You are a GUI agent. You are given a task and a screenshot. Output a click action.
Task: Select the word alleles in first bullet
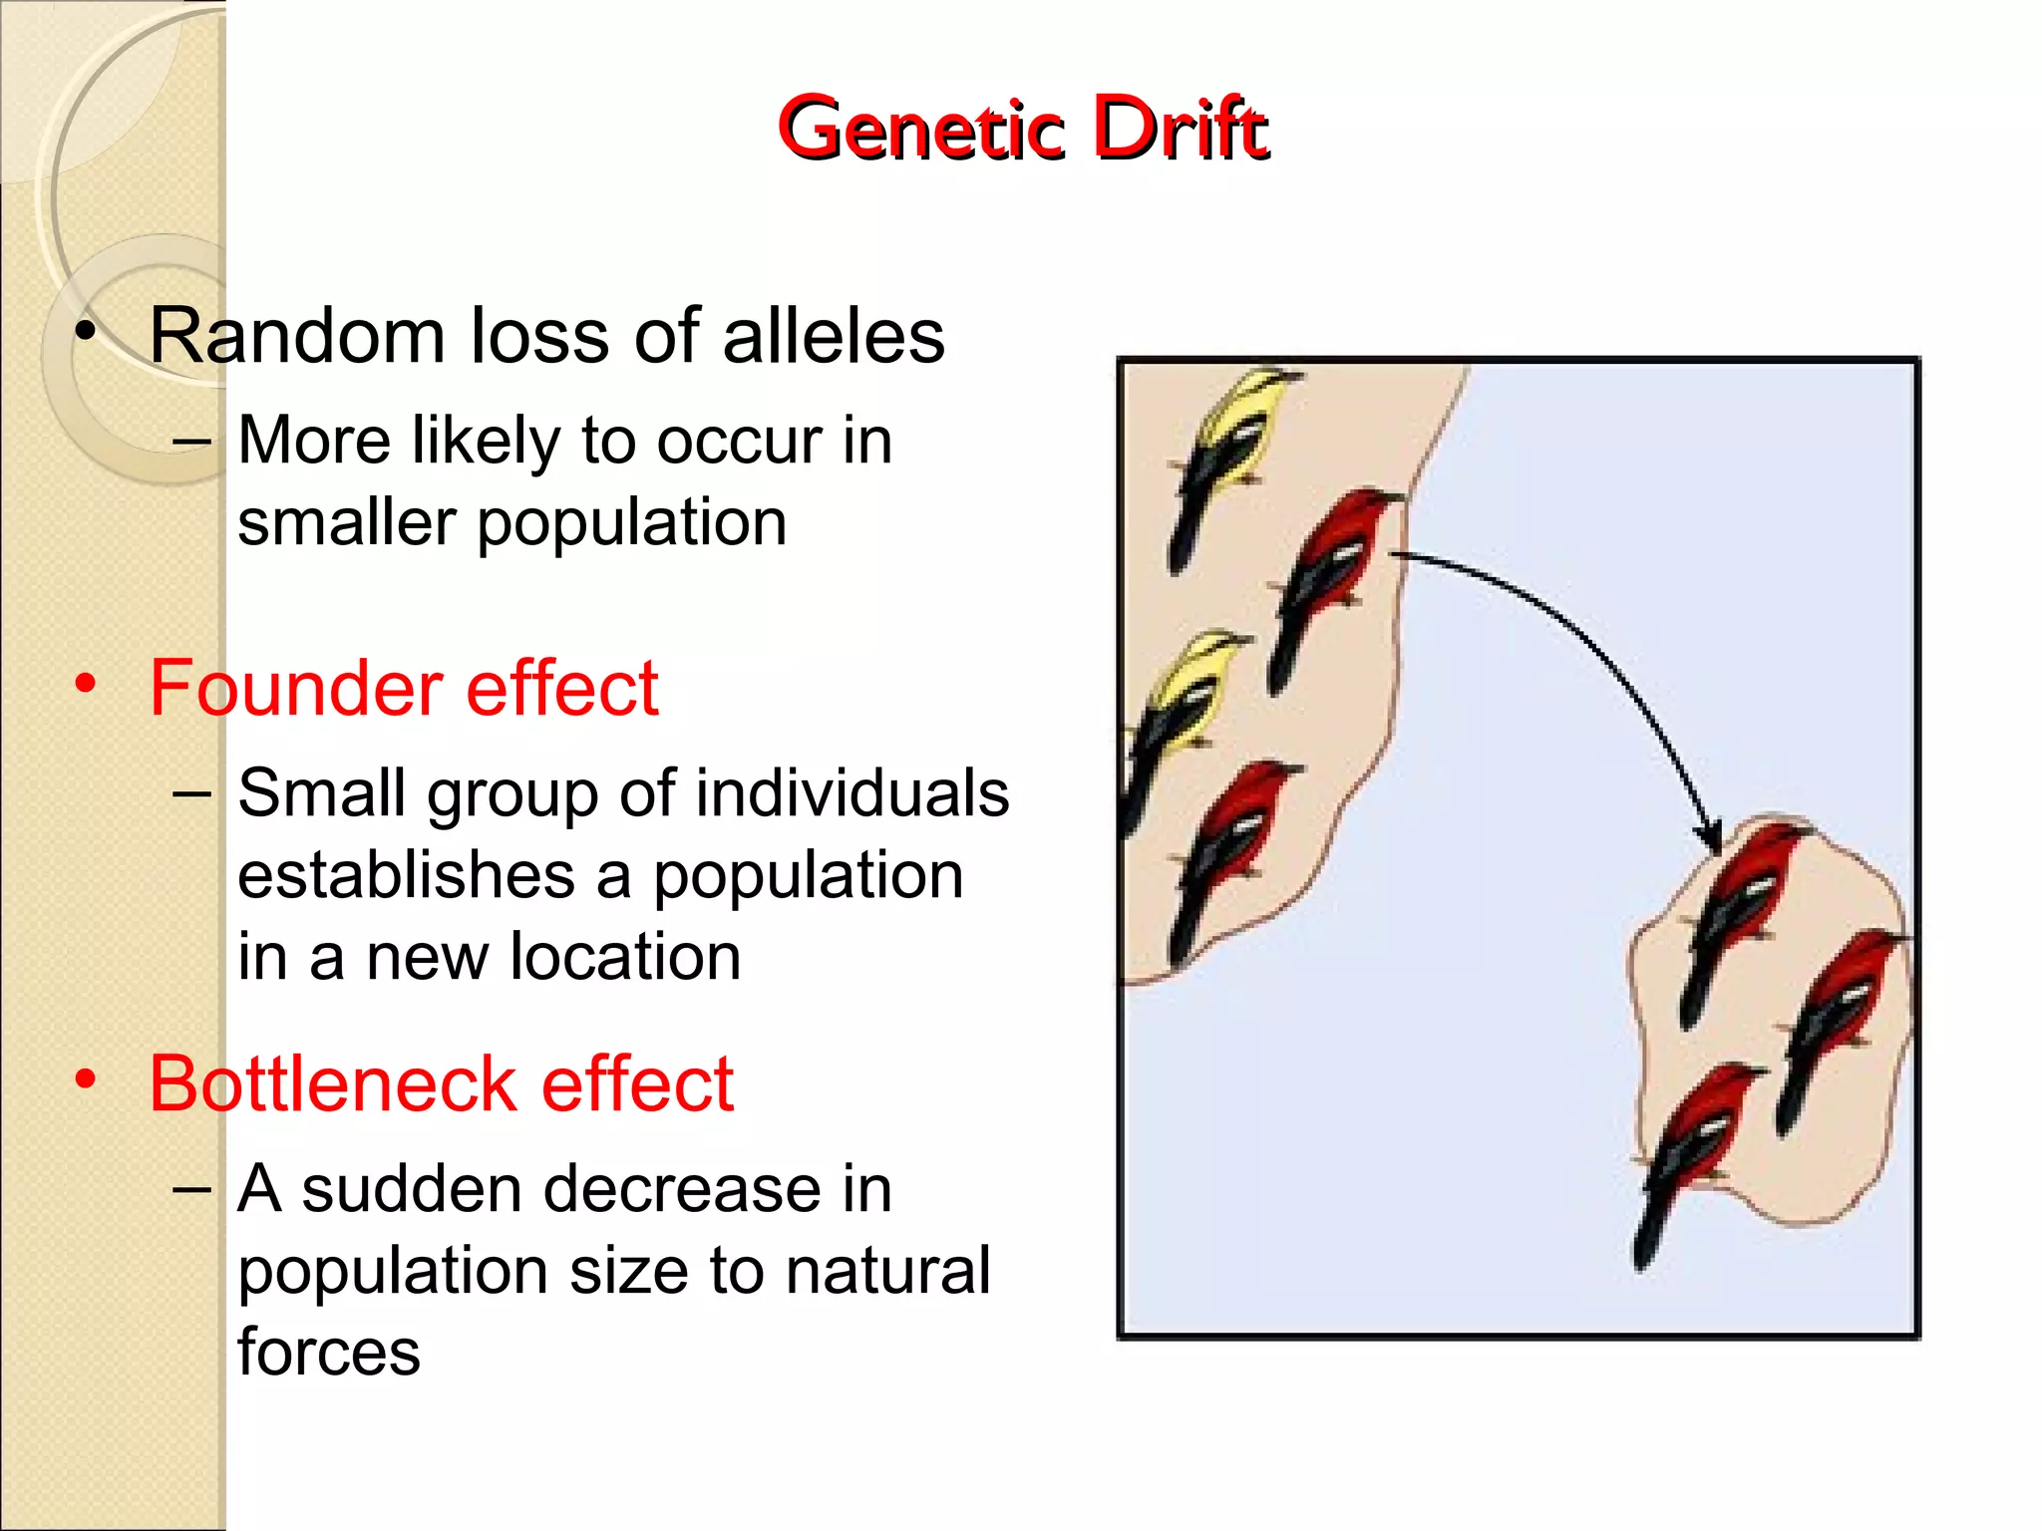(x=833, y=337)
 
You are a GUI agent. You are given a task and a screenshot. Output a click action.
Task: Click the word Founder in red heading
(x=295, y=689)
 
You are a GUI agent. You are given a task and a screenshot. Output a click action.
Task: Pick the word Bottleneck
(x=332, y=1084)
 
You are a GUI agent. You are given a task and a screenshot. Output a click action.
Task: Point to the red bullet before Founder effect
(x=86, y=684)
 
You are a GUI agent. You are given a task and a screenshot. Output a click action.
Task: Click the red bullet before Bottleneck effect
(x=86, y=1079)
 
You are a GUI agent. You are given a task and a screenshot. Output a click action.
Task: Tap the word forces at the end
(x=329, y=1353)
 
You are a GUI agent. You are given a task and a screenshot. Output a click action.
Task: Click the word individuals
(x=852, y=794)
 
